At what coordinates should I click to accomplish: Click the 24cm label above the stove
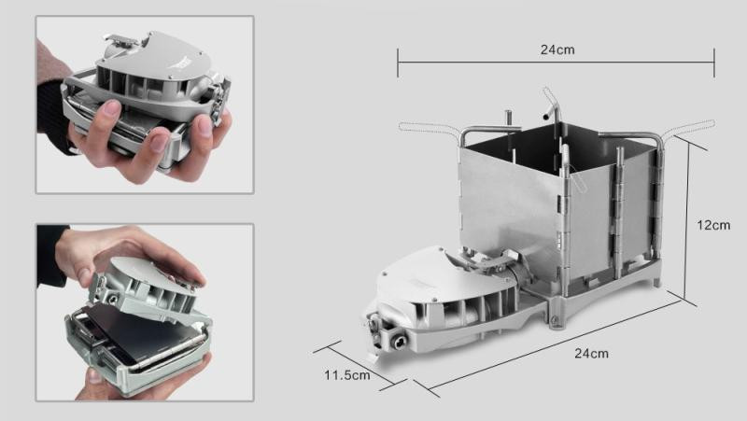557,49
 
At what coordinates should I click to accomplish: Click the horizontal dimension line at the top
557,63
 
